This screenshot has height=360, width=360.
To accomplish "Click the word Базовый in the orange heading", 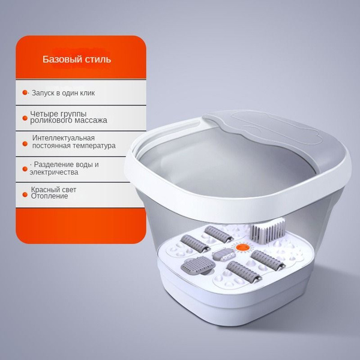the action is [62, 59].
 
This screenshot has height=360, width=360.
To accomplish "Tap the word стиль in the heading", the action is [98, 59].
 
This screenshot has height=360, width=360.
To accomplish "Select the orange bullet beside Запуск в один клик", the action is [25, 92].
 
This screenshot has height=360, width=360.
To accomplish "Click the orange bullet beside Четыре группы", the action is [25, 118].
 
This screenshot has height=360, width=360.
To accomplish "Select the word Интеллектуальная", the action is [64, 138].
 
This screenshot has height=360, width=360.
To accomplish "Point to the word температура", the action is [94, 146].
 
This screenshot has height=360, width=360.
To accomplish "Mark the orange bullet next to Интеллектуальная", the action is [25, 144].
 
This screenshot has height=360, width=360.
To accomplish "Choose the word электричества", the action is [54, 172].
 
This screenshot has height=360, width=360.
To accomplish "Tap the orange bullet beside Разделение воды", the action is [25, 169].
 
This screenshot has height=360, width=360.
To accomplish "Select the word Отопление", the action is [49, 196].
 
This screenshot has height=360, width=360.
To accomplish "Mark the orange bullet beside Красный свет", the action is [25, 194].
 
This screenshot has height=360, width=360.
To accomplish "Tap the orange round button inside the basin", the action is [242, 247].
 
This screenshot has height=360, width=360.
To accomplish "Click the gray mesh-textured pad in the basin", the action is [198, 265].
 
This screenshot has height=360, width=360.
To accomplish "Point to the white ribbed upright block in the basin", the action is [268, 230].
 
